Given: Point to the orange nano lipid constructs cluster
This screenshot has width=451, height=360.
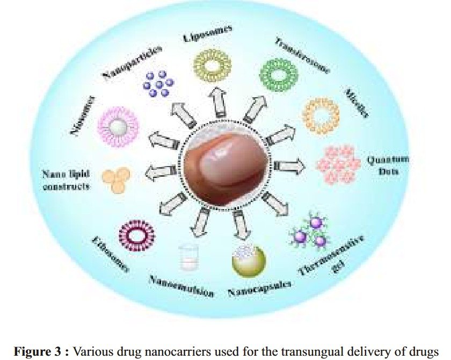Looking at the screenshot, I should (116, 179).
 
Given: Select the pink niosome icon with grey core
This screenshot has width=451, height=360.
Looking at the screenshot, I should (118, 127).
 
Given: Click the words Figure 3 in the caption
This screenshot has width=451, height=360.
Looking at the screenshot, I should (34, 352).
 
